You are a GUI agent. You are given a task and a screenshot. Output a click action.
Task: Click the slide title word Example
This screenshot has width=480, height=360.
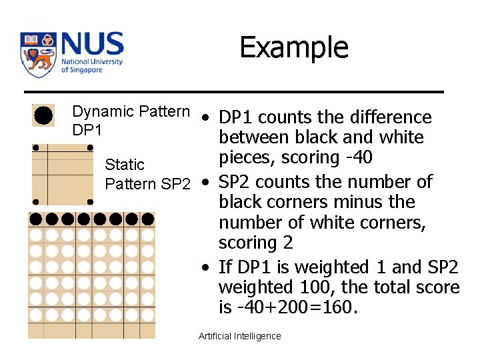(x=293, y=48)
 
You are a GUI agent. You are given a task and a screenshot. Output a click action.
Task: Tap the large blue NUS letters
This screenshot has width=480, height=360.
(x=92, y=45)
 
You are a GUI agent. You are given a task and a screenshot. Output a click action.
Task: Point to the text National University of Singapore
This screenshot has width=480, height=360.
(x=91, y=65)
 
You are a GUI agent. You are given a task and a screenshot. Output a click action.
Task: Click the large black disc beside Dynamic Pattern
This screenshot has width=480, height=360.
(x=43, y=115)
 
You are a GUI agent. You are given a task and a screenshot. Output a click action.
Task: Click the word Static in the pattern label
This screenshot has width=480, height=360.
(x=125, y=165)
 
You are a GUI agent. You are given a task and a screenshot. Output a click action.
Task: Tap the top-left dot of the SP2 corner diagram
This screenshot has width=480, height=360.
(x=35, y=147)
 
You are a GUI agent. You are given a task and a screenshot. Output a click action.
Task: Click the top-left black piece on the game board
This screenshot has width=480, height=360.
(x=36, y=219)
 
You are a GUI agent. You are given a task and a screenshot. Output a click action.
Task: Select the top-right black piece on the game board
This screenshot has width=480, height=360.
(x=147, y=219)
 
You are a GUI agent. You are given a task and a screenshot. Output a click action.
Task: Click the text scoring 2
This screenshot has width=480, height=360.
(x=255, y=243)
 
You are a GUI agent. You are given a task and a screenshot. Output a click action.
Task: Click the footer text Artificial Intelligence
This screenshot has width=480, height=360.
(x=239, y=337)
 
